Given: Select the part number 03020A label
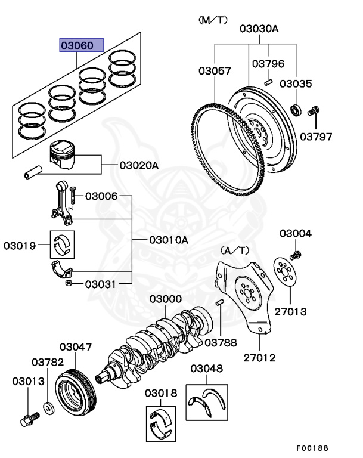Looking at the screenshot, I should point(139,165).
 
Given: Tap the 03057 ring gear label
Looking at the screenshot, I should point(215,71).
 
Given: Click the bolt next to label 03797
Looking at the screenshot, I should point(314,111).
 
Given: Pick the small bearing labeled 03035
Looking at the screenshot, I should point(296,109).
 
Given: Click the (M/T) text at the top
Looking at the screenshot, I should point(213,20).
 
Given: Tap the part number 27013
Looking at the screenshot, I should point(291,311).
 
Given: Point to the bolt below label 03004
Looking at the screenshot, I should point(296,255).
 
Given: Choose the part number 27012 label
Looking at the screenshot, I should point(259,357).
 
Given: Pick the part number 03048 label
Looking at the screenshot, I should point(206,368).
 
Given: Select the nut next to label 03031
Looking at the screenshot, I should point(69,283).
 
